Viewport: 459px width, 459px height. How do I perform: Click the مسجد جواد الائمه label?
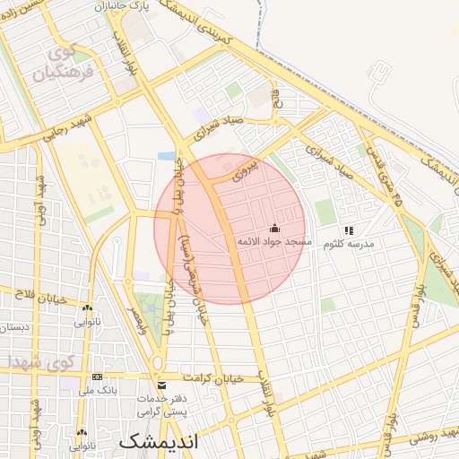coord(273,243)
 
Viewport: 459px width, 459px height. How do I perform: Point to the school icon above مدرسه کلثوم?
coord(349,229)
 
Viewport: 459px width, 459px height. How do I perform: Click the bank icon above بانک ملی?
coord(97,377)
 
